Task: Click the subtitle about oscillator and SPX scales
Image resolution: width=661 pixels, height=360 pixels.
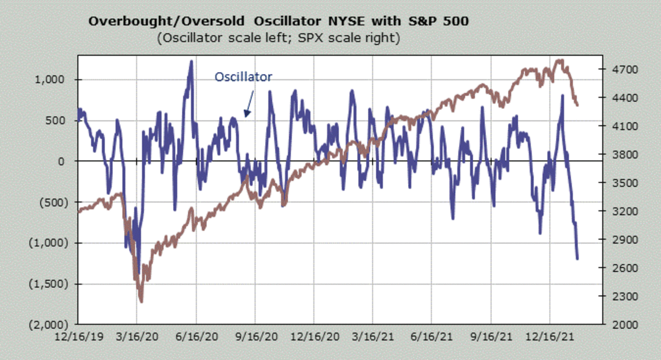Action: pyautogui.click(x=278, y=39)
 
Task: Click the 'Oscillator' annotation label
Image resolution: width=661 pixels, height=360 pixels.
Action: pyautogui.click(x=243, y=77)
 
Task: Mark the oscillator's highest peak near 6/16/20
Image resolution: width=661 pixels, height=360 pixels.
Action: pyautogui.click(x=191, y=61)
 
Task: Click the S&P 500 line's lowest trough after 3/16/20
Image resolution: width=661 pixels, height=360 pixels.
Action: pyautogui.click(x=142, y=302)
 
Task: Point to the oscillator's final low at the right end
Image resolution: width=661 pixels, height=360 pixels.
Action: pyautogui.click(x=577, y=258)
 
